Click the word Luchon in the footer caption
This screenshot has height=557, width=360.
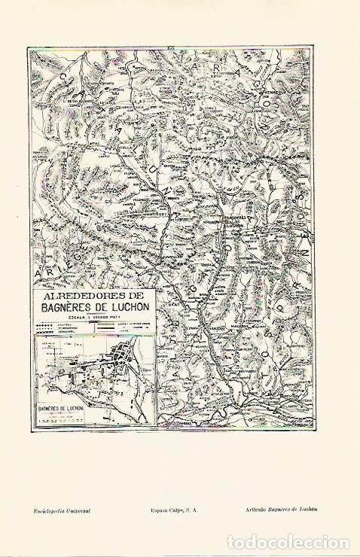309,510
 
